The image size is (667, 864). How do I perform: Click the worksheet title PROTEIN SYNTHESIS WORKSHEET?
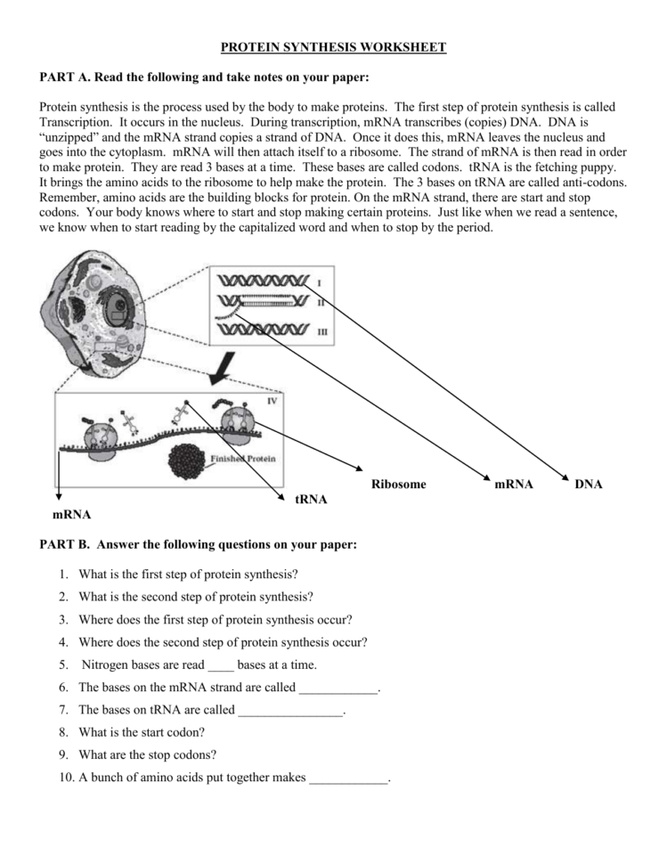tap(333, 46)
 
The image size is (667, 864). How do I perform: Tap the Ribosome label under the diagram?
tap(398, 485)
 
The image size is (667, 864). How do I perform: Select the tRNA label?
tap(311, 500)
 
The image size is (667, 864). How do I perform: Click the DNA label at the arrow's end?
tap(589, 485)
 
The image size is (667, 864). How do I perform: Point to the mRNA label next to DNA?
tap(514, 485)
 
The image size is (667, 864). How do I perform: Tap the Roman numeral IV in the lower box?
tap(272, 402)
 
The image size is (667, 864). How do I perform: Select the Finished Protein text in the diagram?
tap(243, 459)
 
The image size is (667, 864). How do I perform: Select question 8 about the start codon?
tap(142, 732)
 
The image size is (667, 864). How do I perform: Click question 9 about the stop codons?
tap(147, 754)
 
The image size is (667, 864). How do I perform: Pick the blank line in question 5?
tap(220, 666)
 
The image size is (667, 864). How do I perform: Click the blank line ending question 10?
tap(348, 778)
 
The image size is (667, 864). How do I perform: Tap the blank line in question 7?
tap(290, 712)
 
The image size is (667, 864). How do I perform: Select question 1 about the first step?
tap(188, 574)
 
